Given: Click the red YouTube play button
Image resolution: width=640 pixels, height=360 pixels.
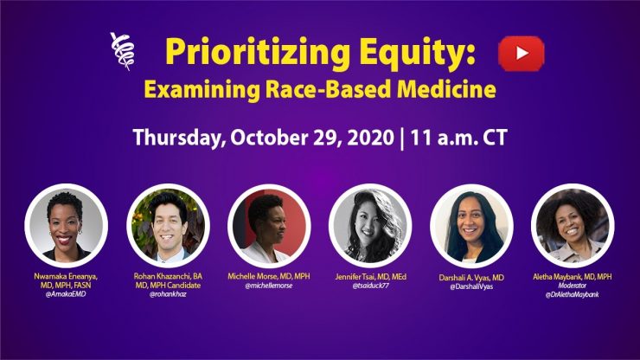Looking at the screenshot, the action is click(x=522, y=54).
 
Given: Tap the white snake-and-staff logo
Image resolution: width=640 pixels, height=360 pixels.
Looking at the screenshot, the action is click(x=122, y=51).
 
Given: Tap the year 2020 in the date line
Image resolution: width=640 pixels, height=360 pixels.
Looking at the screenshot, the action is click(x=371, y=138).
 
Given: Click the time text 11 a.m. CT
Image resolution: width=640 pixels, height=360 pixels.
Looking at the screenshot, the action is click(x=458, y=138).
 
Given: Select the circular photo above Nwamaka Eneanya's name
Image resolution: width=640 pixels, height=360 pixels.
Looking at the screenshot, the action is click(x=66, y=226).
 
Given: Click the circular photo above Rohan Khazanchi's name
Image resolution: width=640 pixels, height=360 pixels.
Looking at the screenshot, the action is click(x=168, y=226).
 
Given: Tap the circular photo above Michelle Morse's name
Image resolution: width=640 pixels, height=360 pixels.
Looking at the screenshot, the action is click(x=269, y=226).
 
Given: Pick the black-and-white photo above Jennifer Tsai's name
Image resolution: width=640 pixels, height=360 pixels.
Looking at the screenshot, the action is click(x=370, y=226).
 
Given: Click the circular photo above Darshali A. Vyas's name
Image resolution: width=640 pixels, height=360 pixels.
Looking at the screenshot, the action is click(x=471, y=226).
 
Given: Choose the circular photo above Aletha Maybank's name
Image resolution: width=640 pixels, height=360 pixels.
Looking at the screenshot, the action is click(x=573, y=226).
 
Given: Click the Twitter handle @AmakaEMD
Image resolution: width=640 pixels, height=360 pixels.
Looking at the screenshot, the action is click(x=66, y=294).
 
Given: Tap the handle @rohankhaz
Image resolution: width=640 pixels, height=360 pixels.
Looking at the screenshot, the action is click(x=168, y=294).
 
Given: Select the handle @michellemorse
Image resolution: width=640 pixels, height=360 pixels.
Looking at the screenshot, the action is click(x=269, y=286).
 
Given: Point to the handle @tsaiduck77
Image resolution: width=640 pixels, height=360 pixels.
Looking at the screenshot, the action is click(x=371, y=286).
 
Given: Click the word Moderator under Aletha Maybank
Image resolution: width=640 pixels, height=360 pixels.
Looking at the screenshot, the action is click(x=573, y=286).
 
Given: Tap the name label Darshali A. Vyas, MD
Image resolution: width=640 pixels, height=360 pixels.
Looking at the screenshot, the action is click(x=471, y=278).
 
